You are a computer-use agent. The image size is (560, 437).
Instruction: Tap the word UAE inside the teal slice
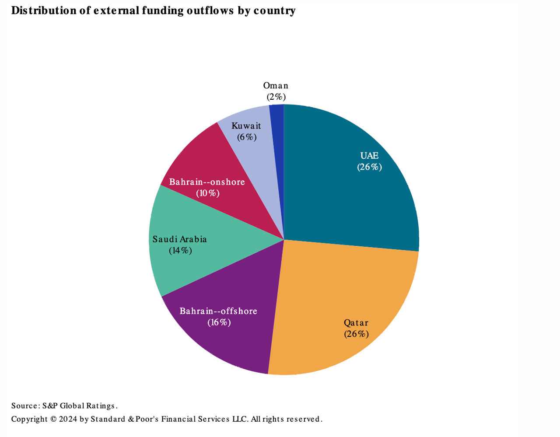click(x=369, y=156)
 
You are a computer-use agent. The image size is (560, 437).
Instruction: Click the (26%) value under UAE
click(x=369, y=167)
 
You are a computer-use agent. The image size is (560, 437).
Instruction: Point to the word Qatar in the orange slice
click(x=356, y=323)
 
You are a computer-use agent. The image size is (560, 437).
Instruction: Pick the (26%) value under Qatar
click(x=356, y=334)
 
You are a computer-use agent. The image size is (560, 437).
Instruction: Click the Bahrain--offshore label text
click(x=218, y=311)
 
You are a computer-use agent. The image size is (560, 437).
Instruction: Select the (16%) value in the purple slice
click(x=219, y=322)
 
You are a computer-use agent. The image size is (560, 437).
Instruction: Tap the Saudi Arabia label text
click(x=179, y=239)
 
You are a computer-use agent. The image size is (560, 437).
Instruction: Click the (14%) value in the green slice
click(x=180, y=251)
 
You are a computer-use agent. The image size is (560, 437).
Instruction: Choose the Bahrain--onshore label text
click(x=207, y=182)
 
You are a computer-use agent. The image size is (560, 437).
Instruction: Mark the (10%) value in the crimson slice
click(x=207, y=193)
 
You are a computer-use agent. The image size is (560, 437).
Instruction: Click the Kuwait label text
click(x=246, y=126)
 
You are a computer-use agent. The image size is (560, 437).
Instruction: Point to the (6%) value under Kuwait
click(x=247, y=137)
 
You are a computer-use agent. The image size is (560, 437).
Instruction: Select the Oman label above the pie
click(x=276, y=86)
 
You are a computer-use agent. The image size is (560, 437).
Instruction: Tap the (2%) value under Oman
click(x=276, y=97)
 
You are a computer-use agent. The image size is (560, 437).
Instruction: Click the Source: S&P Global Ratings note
click(x=64, y=406)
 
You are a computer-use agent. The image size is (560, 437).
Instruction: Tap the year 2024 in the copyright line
click(x=68, y=419)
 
